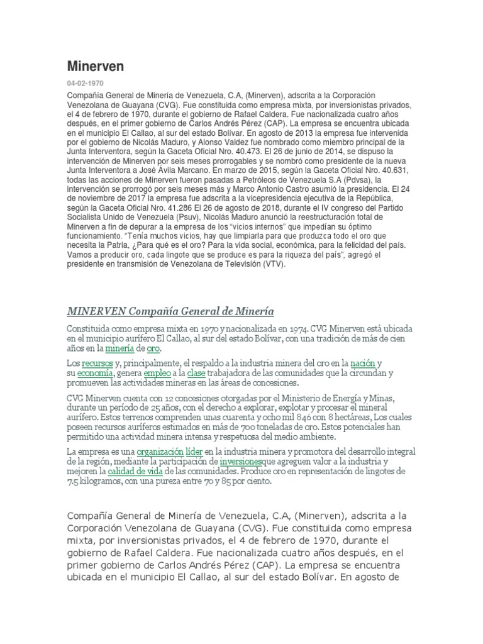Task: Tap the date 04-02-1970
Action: (85, 83)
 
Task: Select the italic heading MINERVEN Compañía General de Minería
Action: (170, 311)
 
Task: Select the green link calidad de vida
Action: (130, 471)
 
